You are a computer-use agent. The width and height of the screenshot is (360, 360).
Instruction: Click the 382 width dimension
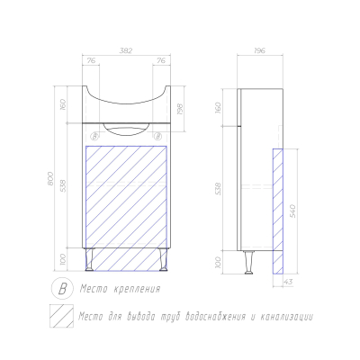126,50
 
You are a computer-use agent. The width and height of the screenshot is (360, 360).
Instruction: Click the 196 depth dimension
259,50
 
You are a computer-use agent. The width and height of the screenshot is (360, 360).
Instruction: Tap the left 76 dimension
91,60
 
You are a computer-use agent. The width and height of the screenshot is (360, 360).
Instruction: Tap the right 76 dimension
161,60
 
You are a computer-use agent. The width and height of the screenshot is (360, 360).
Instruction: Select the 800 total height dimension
50,178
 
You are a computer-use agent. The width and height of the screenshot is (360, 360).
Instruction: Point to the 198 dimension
180,110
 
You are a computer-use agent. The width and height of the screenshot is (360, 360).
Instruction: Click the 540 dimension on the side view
292,211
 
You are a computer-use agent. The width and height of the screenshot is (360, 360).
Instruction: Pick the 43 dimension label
288,282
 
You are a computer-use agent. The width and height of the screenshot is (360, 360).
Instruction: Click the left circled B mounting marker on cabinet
94,137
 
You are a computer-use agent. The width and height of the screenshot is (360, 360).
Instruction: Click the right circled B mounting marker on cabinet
157,137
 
